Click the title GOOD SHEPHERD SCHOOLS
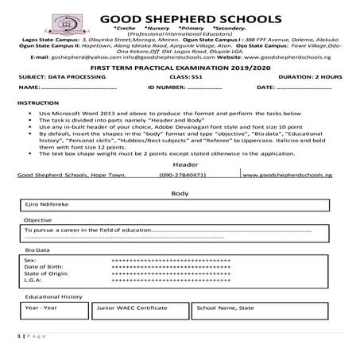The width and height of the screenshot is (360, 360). coord(192,18)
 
